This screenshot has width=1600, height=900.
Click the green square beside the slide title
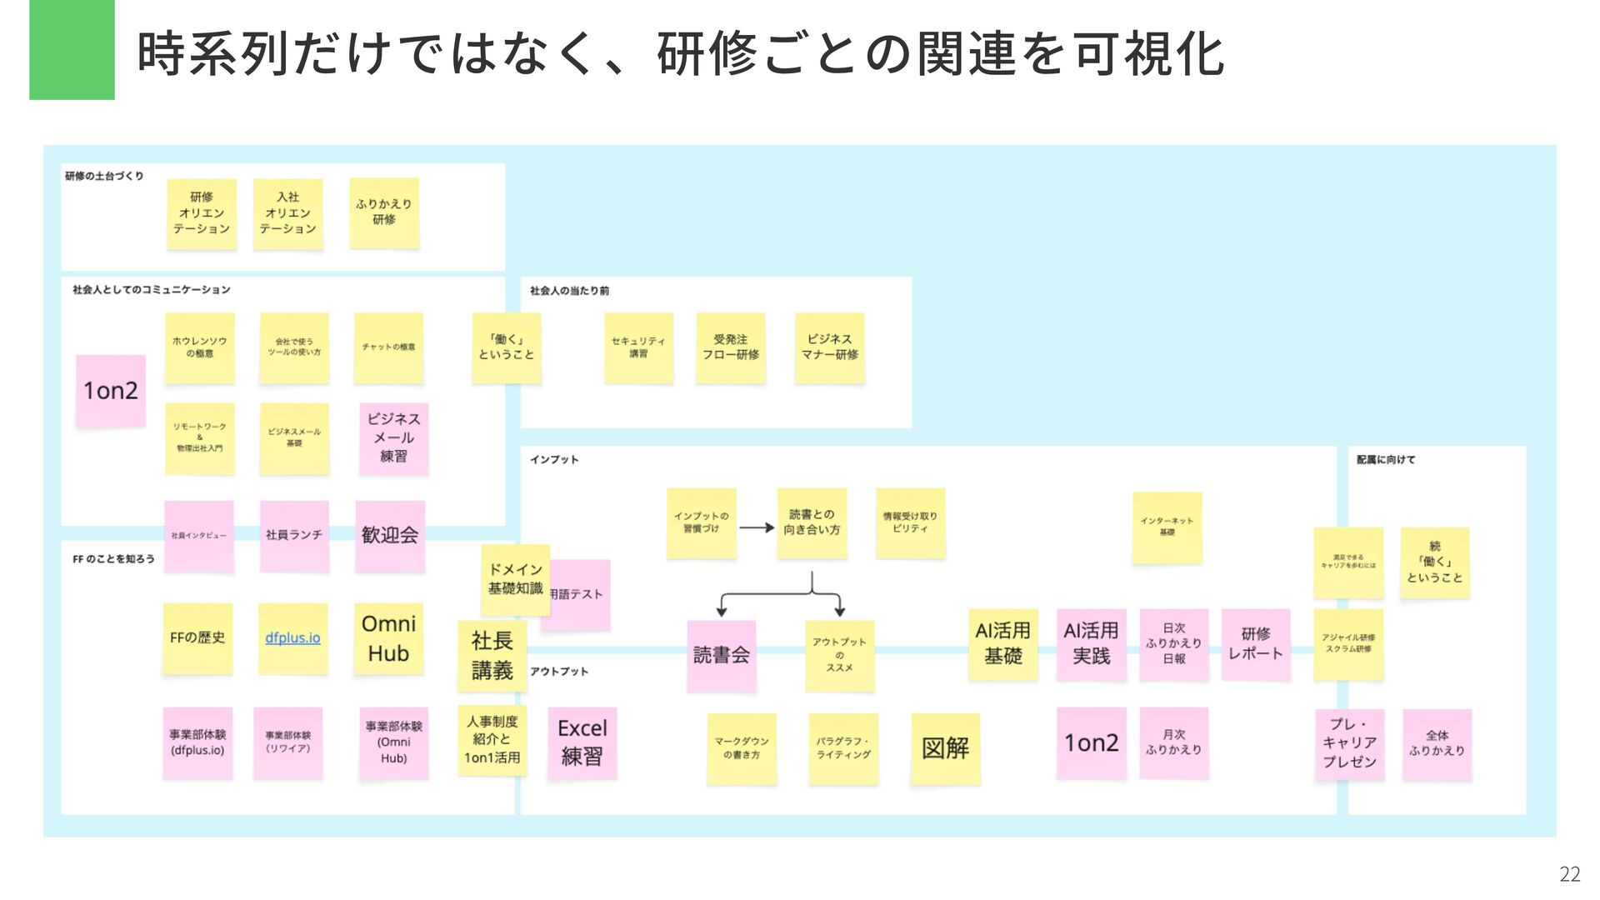tap(72, 50)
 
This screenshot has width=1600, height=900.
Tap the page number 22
tap(1569, 873)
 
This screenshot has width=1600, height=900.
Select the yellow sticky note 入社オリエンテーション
tap(287, 213)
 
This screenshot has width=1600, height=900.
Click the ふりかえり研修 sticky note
tap(383, 212)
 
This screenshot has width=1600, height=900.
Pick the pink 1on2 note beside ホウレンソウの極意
tap(111, 390)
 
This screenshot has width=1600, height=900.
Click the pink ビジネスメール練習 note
tap(393, 438)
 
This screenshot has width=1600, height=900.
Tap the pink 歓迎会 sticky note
tap(390, 535)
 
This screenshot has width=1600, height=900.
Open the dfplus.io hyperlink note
tap(292, 638)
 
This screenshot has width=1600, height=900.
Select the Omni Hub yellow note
tap(388, 638)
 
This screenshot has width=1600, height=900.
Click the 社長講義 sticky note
tap(492, 655)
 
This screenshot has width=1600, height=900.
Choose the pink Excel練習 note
tap(582, 742)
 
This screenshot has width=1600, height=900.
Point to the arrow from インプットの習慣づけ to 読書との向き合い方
tap(757, 527)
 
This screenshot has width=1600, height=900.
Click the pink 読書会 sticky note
tap(721, 655)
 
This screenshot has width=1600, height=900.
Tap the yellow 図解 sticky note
tap(945, 748)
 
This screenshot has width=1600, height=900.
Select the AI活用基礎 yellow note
tap(1002, 643)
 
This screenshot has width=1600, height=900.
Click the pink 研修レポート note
tap(1256, 644)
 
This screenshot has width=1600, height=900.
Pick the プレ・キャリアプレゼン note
tap(1349, 743)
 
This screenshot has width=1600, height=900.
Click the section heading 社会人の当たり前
tap(569, 291)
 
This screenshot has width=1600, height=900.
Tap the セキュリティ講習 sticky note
tap(638, 347)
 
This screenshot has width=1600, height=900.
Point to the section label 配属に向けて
tap(1385, 459)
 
